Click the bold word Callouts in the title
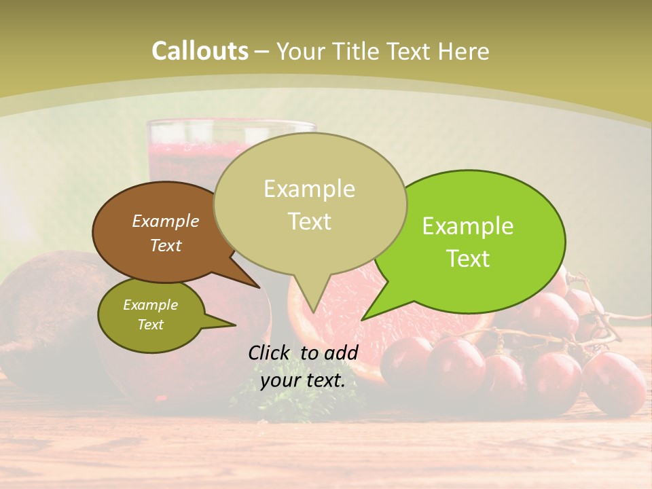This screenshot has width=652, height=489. pos(200,52)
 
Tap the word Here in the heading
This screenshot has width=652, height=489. pos(464,52)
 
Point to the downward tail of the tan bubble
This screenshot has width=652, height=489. pos(312,295)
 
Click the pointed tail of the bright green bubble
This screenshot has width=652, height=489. pos(377,309)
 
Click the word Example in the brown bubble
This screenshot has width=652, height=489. pos(165,221)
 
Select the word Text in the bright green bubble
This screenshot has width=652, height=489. pos(468,259)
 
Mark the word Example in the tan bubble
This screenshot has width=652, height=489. pos(309,189)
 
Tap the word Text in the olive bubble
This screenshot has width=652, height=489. pos(151,325)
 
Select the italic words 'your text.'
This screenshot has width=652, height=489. pos(303,380)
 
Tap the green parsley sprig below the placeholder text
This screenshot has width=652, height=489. pos(255,401)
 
